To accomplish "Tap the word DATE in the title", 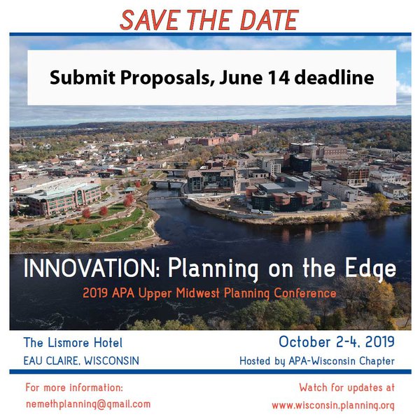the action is [269, 20].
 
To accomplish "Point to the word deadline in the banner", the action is [334, 77].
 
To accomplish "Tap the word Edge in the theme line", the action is [370, 269].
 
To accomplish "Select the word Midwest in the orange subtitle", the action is [197, 293].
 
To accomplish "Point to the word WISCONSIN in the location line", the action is [112, 361].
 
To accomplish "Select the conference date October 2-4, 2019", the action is [337, 342].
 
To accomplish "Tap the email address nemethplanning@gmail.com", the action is [88, 404].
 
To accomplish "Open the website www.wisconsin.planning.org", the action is [333, 405].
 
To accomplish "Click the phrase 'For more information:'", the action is [74, 388].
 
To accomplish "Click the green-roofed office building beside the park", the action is [64, 198].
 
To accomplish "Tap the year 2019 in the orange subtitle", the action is [95, 293].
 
